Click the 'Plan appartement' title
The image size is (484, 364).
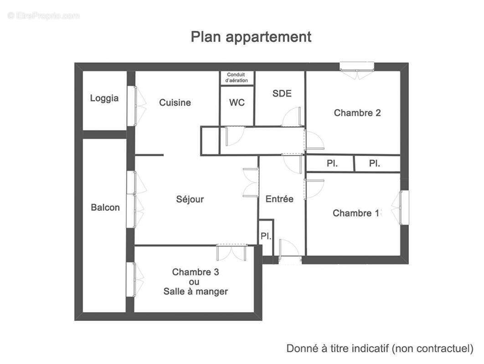(251, 37)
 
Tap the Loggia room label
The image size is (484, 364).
(104, 98)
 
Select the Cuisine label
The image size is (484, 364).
(175, 103)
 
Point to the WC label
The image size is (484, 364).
(237, 103)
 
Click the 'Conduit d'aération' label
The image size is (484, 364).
(237, 78)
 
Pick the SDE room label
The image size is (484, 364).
(282, 94)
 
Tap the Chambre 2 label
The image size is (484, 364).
(357, 113)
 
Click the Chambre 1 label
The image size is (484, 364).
(355, 213)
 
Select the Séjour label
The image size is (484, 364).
(190, 199)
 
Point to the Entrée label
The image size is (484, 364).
(279, 199)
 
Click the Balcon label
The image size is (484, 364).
(105, 207)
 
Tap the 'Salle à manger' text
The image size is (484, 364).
(196, 292)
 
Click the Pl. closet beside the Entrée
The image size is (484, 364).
(266, 237)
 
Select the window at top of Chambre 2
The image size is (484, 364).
(357, 66)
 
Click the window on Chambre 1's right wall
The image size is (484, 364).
(404, 207)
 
